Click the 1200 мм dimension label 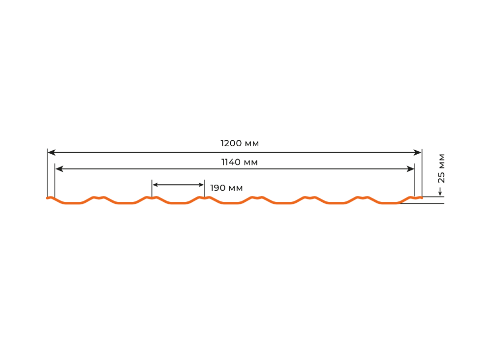coord(240,143)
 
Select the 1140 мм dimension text coord(240,162)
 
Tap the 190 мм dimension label coord(226,188)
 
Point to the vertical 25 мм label coord(441,168)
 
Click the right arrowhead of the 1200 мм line coord(418,152)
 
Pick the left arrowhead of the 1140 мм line coord(59,169)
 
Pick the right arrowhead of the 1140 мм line coord(410,169)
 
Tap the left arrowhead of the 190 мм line coord(155,185)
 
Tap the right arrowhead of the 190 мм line coord(201,185)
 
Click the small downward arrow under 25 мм coord(440,192)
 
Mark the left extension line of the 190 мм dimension coord(152,189)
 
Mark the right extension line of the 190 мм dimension coord(205,189)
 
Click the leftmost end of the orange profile coord(47,198)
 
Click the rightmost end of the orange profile coord(422,197)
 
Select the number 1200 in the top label coord(231,143)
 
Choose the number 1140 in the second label coord(231,162)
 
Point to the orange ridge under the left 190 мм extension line coord(152,198)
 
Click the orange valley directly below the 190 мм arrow coord(178,203)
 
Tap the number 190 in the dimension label coord(218,188)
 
